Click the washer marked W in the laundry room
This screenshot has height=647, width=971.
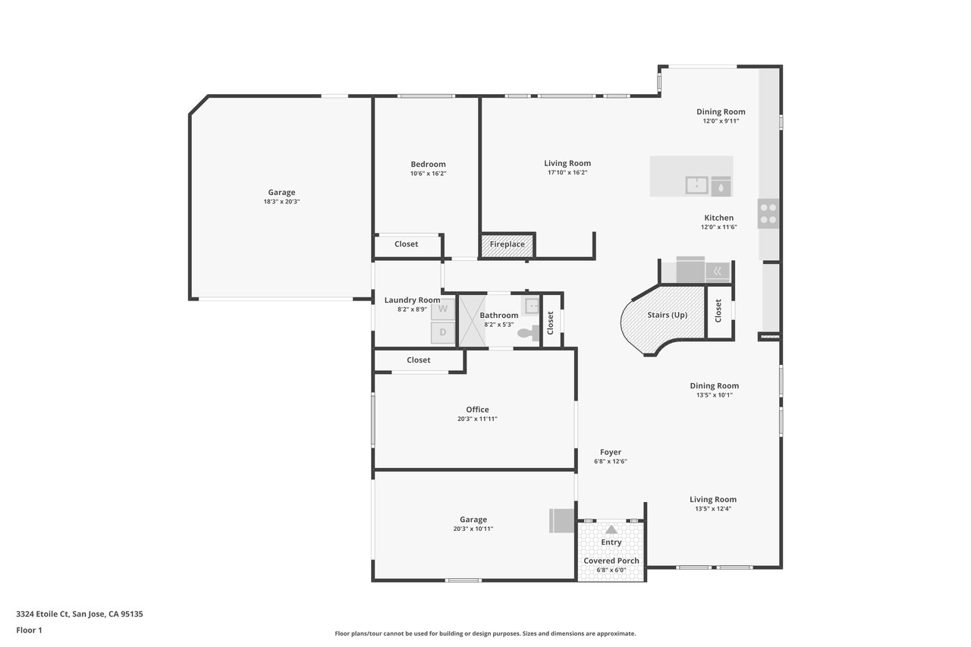click(442, 309)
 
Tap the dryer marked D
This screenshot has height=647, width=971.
click(442, 332)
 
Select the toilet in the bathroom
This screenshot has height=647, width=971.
click(529, 333)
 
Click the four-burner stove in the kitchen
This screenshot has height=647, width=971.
click(768, 214)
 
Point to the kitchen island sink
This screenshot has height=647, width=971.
click(696, 185)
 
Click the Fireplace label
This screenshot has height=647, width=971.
click(507, 244)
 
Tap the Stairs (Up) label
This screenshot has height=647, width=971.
click(667, 315)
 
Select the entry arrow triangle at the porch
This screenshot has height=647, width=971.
click(611, 529)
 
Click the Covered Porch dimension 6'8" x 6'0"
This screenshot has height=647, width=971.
click(611, 570)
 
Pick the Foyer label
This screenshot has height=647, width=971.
click(611, 452)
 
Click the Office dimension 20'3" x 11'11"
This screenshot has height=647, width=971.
click(477, 419)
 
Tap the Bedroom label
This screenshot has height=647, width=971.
click(429, 165)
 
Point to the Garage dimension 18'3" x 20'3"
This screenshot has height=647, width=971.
click(281, 202)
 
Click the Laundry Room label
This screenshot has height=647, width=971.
click(412, 300)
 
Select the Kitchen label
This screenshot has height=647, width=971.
click(718, 218)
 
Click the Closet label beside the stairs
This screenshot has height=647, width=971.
click(718, 311)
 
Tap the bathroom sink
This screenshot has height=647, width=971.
click(533, 306)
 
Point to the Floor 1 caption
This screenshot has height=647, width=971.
click(29, 630)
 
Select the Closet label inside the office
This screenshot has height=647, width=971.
click(418, 360)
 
